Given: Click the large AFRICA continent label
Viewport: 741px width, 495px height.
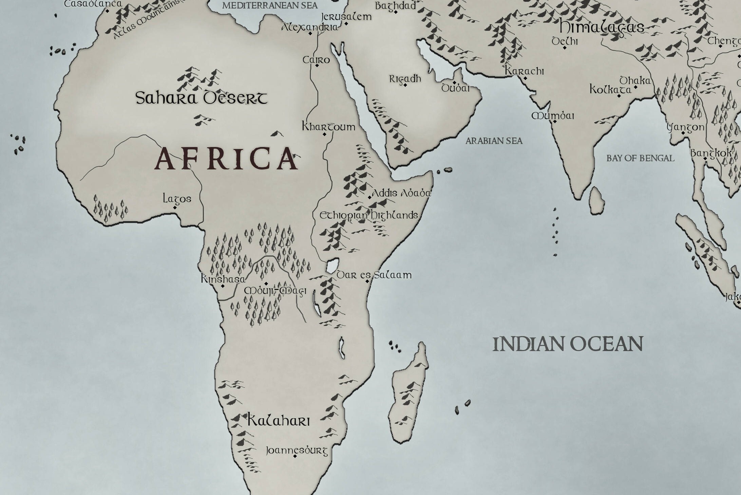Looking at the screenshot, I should click(226, 159).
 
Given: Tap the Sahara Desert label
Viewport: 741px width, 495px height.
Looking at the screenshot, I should click(201, 98).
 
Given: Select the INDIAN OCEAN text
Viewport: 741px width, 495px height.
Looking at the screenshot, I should click(568, 344).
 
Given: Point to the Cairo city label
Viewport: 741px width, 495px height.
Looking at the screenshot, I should click(316, 60).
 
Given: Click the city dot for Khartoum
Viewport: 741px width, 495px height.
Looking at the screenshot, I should click(324, 134).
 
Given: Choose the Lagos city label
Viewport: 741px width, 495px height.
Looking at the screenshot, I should click(177, 199).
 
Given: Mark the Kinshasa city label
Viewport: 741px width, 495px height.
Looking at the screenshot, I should click(223, 279).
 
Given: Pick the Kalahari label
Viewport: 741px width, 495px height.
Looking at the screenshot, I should click(279, 420).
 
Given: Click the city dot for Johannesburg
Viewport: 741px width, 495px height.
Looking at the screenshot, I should click(295, 456).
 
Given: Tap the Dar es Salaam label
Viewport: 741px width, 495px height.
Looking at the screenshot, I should click(374, 275).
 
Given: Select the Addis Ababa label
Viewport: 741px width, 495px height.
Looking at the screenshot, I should click(401, 193).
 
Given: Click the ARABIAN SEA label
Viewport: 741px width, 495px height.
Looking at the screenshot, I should click(494, 141).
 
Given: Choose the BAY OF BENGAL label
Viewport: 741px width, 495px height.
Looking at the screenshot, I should click(640, 158).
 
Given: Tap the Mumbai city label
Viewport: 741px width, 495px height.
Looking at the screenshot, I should click(553, 116).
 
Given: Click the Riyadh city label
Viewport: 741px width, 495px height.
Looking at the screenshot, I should click(405, 79).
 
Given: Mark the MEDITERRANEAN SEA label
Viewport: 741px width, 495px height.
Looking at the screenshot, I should click(270, 5).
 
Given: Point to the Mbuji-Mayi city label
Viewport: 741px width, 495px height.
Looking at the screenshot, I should click(275, 291).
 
